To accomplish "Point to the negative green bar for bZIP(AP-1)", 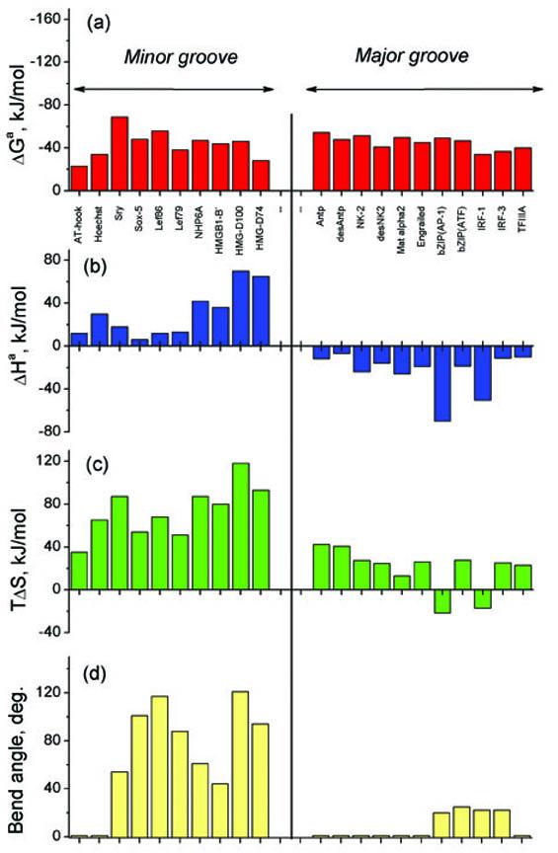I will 441,601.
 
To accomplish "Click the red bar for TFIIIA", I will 522,169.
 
